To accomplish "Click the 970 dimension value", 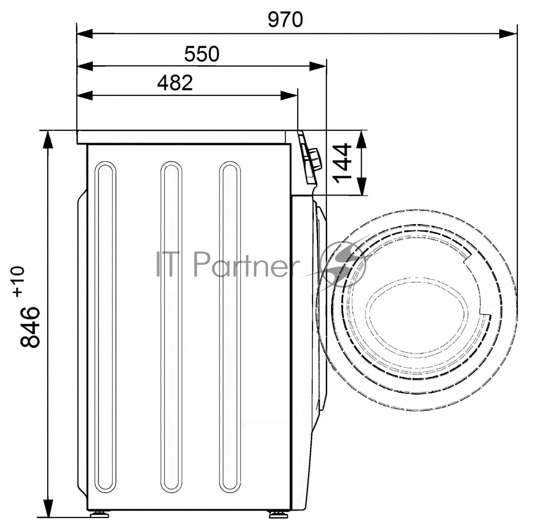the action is click(285, 20).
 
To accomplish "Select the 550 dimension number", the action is click(202, 54).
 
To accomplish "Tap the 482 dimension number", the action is click(175, 83).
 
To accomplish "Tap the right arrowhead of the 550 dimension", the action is click(318, 66).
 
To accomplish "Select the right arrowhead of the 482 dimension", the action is click(289, 96).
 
